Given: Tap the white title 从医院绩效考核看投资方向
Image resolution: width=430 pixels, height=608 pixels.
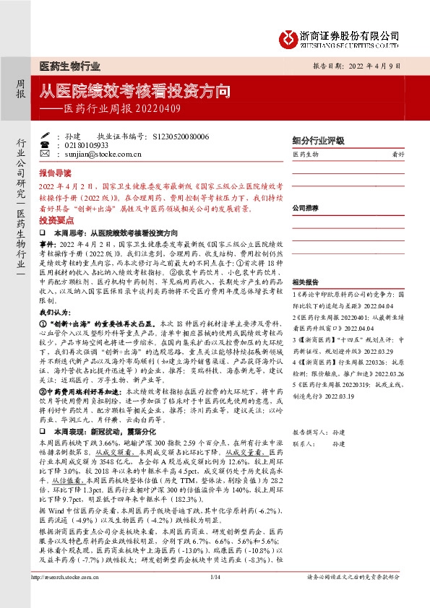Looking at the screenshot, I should pos(135,92).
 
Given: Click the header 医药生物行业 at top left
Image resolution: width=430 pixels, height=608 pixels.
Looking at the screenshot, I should pos(70,67).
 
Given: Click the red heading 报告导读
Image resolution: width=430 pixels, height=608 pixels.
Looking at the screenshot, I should pos(55,173).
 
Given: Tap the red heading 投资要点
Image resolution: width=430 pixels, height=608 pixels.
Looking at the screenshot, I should pos(55,220).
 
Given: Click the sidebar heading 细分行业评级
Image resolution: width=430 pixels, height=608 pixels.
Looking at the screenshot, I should pos(317,141).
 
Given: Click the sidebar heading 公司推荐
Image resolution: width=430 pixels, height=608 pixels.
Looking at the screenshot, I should pos(306,207).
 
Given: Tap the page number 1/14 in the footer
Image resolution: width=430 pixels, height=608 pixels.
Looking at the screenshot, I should pos(215,597).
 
